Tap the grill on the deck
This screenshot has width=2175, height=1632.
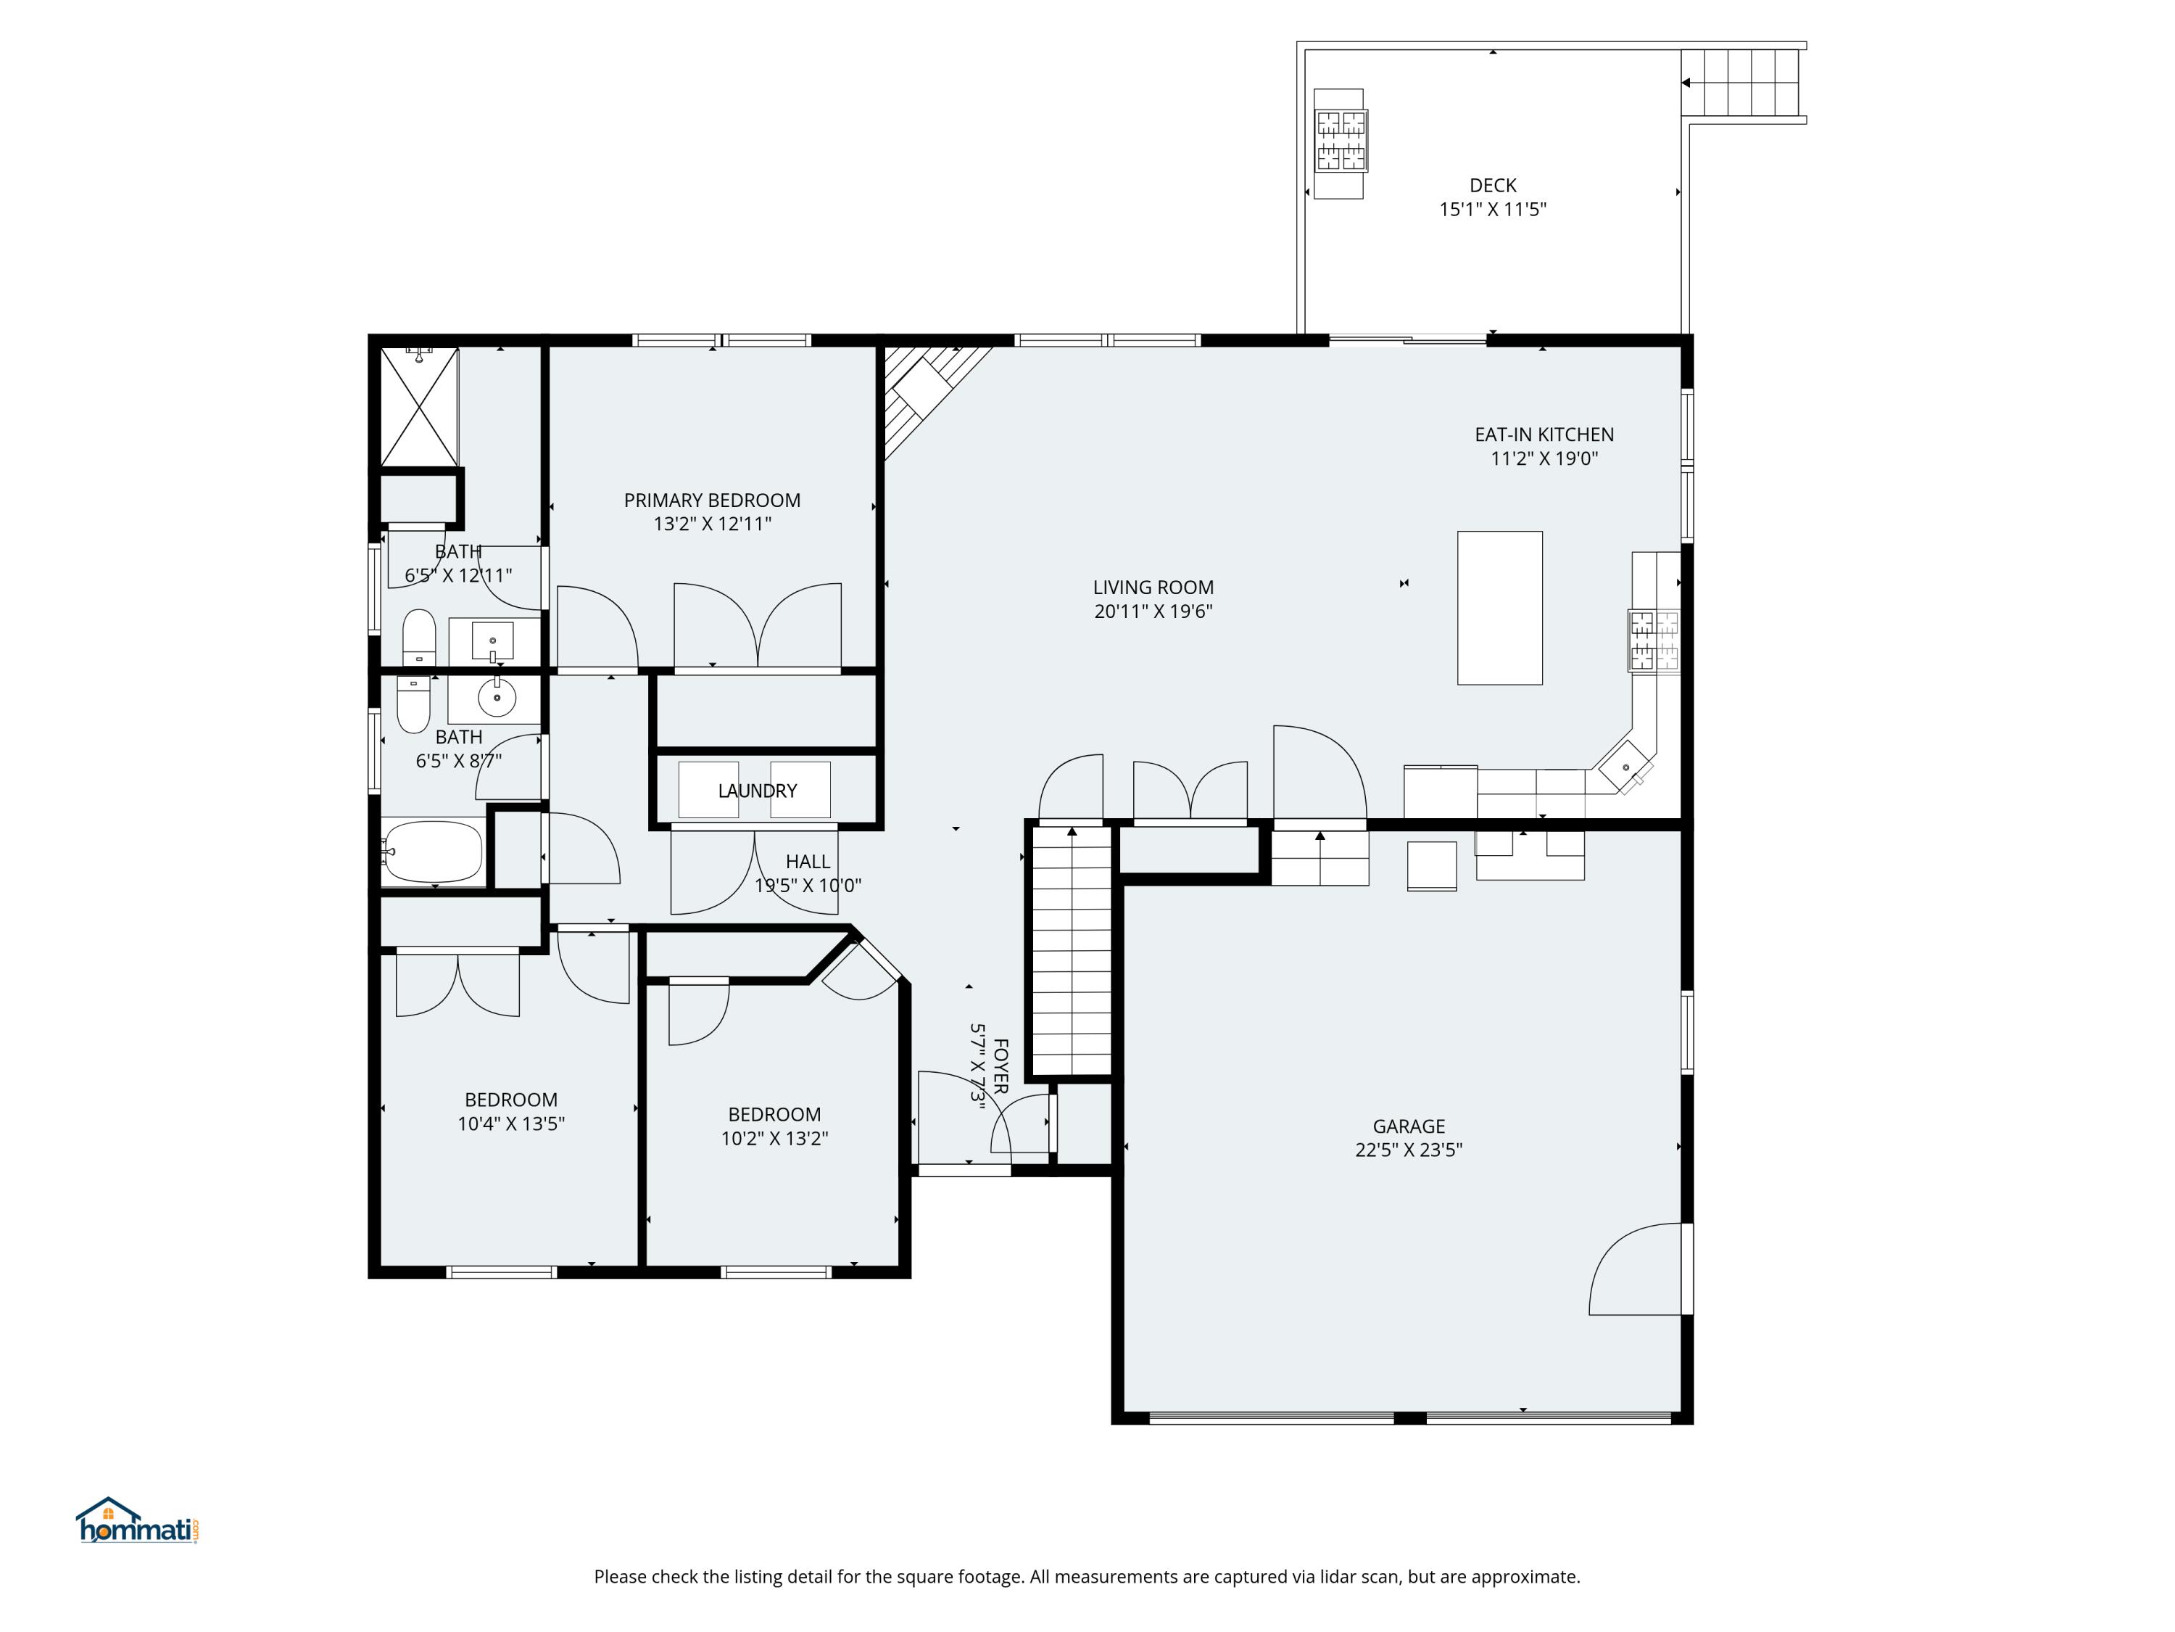(x=1341, y=141)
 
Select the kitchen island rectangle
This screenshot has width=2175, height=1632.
(x=1499, y=607)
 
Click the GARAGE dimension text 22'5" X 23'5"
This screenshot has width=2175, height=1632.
(x=1408, y=1150)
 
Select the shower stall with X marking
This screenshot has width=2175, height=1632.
(x=420, y=406)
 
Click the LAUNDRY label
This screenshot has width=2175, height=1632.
(x=756, y=790)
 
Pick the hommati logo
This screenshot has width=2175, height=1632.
(x=138, y=1522)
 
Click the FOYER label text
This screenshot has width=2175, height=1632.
(x=1000, y=1066)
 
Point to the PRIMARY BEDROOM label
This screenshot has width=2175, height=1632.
(x=712, y=500)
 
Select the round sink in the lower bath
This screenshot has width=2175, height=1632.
(x=497, y=698)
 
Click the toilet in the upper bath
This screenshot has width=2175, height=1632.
(x=419, y=636)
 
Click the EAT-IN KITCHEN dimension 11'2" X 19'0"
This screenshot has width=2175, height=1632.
(x=1544, y=458)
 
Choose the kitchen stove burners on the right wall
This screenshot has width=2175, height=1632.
(x=1654, y=640)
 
